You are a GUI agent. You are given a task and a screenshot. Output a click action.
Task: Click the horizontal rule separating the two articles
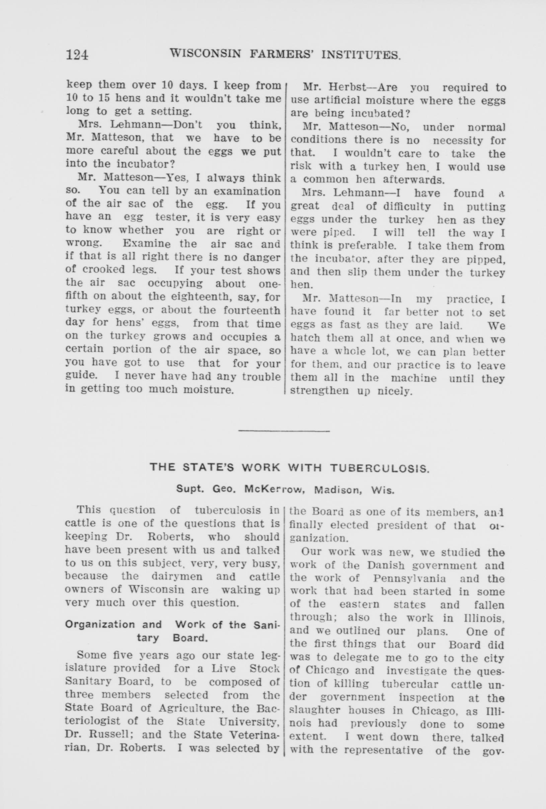[284, 432]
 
